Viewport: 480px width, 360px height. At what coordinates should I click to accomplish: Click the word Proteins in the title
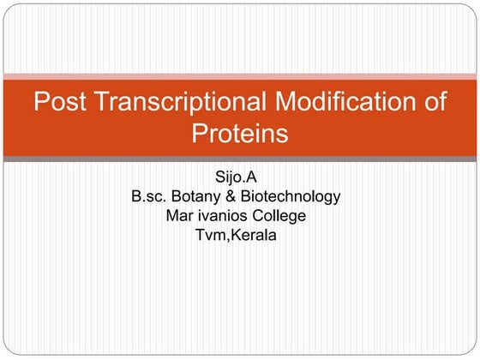239,134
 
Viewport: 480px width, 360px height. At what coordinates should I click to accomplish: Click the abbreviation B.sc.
149,196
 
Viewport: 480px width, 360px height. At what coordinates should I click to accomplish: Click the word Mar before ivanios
180,216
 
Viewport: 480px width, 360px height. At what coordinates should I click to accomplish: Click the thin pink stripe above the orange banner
239,76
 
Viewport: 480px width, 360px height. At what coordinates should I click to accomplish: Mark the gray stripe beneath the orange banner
239,159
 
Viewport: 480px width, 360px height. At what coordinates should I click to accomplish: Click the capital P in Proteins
200,134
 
